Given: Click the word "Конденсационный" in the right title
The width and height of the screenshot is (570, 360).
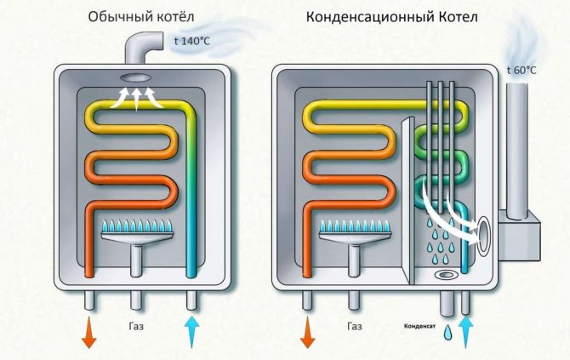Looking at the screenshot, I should coord(364,17).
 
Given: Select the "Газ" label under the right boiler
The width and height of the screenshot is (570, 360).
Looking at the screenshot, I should coord(356,326).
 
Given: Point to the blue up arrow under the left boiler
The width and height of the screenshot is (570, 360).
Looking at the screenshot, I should coord(192,331).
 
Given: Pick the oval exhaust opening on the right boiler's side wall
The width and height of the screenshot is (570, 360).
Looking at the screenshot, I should coord(482,236).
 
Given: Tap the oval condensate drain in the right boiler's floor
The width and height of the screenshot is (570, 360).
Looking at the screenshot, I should coord(446,276).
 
